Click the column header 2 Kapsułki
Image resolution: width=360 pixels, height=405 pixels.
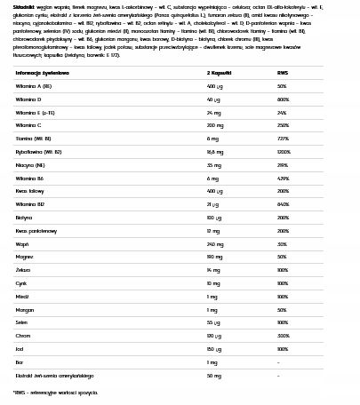219,73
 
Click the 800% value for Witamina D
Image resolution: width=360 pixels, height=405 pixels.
282,99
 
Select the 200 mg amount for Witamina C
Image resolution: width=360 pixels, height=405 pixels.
215,125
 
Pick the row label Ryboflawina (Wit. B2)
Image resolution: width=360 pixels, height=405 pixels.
40,151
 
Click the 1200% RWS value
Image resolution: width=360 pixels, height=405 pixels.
284,151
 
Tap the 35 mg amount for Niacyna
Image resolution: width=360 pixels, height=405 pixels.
213,164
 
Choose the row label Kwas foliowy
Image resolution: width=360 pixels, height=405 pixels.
29,190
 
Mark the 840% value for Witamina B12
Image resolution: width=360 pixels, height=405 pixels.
282,203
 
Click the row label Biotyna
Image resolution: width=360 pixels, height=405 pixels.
24,217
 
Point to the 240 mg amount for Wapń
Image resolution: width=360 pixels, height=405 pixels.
215,242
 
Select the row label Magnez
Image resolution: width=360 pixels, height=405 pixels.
24,256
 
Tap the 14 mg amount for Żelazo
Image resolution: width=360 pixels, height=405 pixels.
213,268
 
